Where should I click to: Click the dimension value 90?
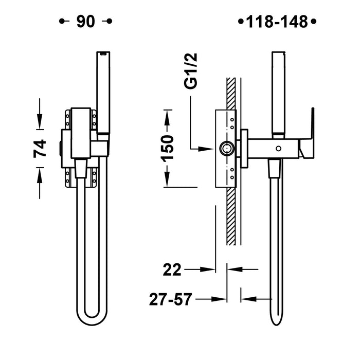point(86,22)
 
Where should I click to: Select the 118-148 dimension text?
point(277,22)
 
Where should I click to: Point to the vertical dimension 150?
point(168,148)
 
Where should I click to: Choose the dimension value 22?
point(173,269)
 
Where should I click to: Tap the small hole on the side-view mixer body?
point(279,149)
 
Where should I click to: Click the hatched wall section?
point(232,216)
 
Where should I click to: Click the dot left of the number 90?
point(62,22)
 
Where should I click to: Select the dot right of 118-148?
point(314,22)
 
